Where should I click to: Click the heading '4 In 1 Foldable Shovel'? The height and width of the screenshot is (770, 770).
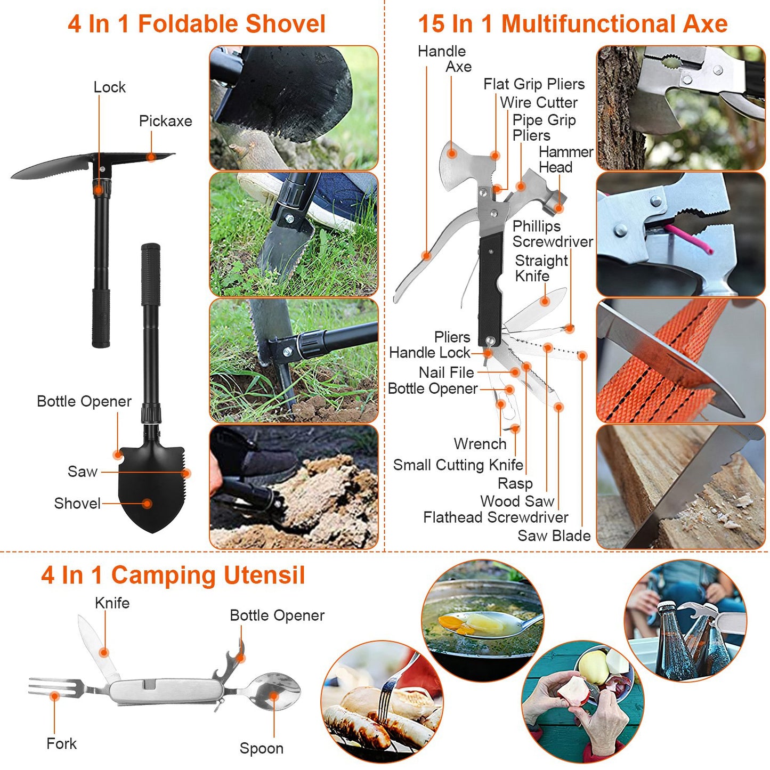[x=196, y=24]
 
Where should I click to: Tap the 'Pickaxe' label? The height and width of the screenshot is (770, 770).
[x=165, y=121]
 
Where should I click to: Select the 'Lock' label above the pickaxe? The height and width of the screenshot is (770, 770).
[x=109, y=87]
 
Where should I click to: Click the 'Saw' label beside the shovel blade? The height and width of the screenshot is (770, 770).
[x=82, y=472]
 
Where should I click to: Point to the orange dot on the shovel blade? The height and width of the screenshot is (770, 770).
[x=147, y=504]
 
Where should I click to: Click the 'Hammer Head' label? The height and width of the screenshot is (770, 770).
[x=565, y=159]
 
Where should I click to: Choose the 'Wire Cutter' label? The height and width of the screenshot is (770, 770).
[x=538, y=102]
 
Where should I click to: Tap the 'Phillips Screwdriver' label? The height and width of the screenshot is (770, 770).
[x=552, y=234]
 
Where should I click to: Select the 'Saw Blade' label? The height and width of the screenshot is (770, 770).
[x=554, y=536]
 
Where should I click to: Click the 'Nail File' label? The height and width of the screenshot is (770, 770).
[x=446, y=372]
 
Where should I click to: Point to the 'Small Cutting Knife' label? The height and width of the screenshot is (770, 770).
[x=458, y=465]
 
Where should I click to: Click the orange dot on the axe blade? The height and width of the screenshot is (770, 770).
[x=452, y=153]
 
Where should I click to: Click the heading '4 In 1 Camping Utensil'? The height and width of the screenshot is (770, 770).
[x=173, y=576]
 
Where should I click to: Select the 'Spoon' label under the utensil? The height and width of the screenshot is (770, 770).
[x=261, y=748]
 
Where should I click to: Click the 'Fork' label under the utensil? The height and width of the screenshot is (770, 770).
[x=61, y=743]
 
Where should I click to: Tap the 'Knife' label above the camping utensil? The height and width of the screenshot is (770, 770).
[x=112, y=603]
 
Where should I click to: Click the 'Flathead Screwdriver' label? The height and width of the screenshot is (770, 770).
[x=495, y=517]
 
